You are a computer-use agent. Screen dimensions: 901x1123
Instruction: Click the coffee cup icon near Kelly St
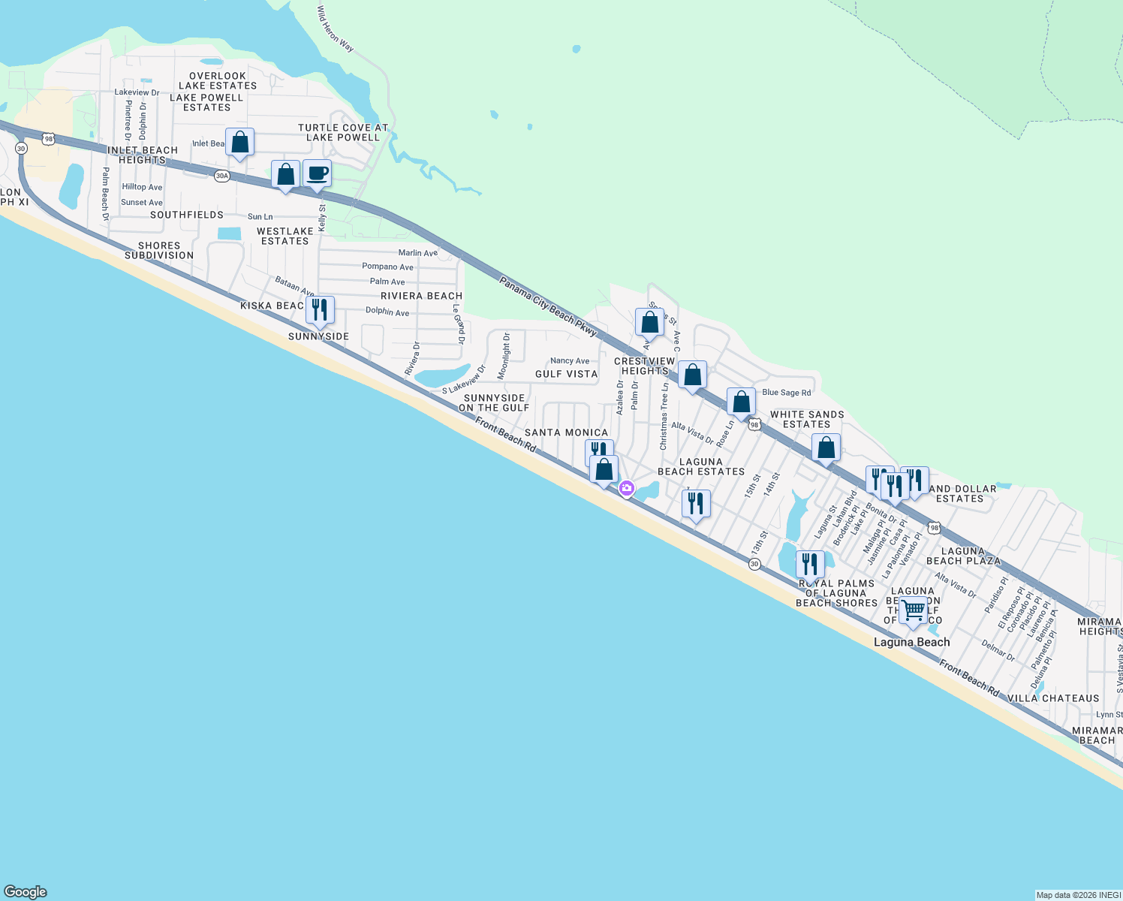(x=317, y=173)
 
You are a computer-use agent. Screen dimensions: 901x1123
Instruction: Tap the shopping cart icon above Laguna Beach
(x=913, y=610)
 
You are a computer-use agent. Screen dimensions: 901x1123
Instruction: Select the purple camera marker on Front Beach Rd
(x=626, y=489)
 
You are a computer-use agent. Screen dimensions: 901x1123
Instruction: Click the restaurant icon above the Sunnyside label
(x=320, y=309)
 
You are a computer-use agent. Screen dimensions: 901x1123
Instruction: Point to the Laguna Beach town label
(x=911, y=642)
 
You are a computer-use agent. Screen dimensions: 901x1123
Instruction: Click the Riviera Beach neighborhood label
(x=421, y=296)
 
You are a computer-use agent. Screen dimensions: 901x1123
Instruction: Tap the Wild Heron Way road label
(x=335, y=29)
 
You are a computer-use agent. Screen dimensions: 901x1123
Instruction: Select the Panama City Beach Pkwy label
(x=548, y=306)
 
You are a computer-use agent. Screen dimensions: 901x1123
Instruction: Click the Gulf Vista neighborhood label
(x=566, y=374)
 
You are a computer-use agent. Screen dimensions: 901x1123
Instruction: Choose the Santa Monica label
(x=566, y=432)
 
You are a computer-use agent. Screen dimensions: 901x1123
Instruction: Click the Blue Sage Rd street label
(x=786, y=393)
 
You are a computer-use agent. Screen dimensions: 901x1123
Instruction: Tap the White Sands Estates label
(x=807, y=419)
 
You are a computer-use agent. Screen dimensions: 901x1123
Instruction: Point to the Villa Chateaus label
(x=1052, y=698)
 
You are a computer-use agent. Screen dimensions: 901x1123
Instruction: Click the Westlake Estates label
(x=285, y=236)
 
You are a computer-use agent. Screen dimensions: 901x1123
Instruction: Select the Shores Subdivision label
(x=159, y=250)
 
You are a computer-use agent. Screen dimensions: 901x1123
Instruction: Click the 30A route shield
(x=221, y=176)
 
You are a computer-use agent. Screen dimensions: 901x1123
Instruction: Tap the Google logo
(x=26, y=892)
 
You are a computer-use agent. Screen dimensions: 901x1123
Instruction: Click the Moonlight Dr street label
(x=504, y=356)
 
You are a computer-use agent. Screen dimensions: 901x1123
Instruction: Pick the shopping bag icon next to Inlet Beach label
(x=239, y=142)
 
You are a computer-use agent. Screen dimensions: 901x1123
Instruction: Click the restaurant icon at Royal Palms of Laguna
(x=809, y=565)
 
